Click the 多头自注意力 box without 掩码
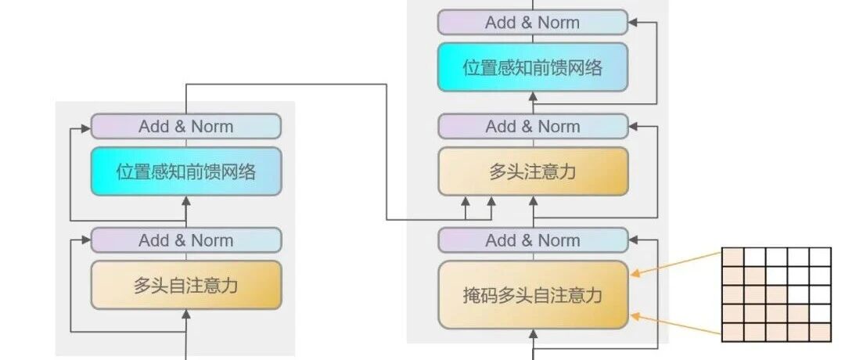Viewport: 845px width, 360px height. [186, 286]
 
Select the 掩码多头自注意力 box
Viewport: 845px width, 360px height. [533, 295]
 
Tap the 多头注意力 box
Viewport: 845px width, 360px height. [533, 171]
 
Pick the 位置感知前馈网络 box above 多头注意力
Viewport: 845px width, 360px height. [533, 67]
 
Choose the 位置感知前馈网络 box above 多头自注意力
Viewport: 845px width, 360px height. [186, 171]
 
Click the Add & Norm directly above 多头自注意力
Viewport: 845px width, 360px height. [186, 240]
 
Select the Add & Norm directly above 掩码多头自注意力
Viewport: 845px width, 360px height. [533, 240]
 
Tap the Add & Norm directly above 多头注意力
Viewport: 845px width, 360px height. [533, 126]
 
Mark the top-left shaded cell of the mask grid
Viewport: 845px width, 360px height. [732, 257]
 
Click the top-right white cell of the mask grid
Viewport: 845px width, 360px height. [819, 257]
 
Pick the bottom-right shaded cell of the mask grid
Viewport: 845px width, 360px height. [819, 333]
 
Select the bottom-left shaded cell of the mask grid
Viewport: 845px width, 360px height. [732, 333]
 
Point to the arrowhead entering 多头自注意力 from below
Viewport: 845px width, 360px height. [186, 314]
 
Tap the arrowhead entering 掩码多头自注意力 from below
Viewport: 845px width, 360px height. [534, 333]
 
